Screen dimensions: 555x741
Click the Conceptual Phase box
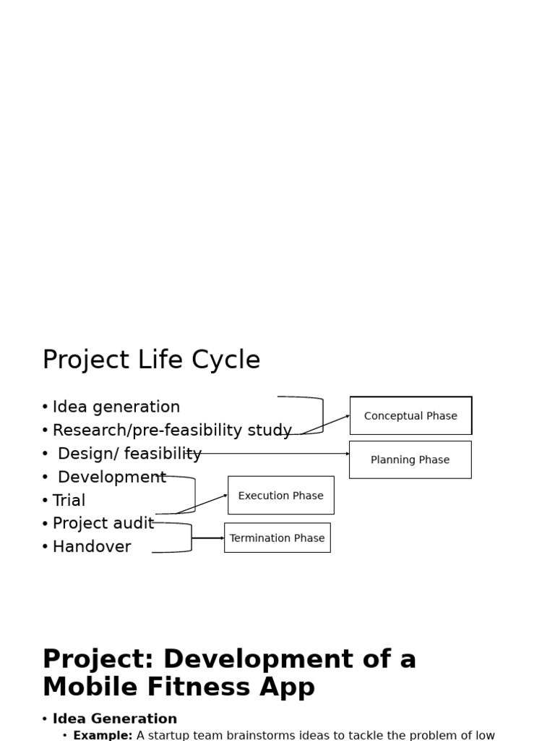point(410,416)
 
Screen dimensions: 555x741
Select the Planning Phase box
point(410,460)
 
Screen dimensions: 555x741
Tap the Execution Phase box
point(280,496)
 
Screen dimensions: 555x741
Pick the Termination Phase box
point(277,538)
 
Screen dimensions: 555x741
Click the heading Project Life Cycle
point(151,360)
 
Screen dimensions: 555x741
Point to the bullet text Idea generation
point(116,407)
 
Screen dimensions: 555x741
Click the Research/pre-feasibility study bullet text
point(172,431)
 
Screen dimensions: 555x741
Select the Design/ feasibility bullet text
point(129,454)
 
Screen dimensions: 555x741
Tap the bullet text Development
point(111,478)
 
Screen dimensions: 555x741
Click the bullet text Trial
point(69,501)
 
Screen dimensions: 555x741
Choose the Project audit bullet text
point(103,523)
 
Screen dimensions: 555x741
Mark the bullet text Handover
point(92,547)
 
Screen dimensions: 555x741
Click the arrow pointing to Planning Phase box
point(275,454)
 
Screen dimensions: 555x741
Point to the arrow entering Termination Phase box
point(208,538)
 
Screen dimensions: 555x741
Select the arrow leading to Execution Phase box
point(202,504)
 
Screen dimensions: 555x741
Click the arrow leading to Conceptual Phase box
point(325,425)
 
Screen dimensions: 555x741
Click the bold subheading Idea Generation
point(114,719)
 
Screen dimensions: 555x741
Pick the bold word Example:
point(103,735)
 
